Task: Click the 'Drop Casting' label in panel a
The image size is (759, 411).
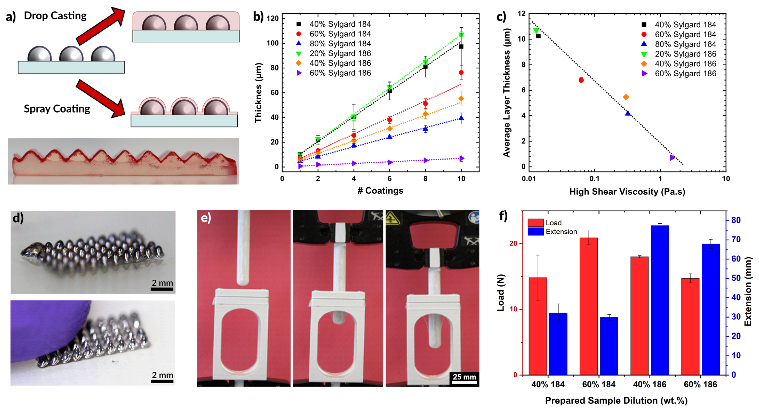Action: coord(55,16)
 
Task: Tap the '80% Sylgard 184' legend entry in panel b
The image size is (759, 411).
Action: coord(340,44)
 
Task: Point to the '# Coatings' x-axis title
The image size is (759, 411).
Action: coord(380,191)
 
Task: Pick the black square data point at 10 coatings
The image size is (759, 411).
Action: coord(461,47)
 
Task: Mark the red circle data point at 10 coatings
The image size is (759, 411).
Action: coord(461,73)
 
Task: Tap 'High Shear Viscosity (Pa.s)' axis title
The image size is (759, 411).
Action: coord(627,192)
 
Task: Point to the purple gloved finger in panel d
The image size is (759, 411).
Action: coord(47,327)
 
